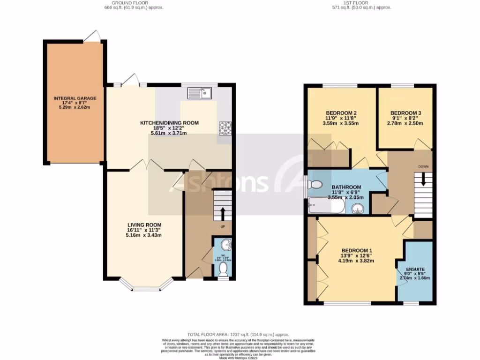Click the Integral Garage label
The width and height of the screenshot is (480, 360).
(x=75, y=98)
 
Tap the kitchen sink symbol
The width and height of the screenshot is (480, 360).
(x=200, y=93)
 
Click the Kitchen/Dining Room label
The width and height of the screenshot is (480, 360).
(x=170, y=123)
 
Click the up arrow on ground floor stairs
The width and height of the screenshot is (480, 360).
(x=223, y=214)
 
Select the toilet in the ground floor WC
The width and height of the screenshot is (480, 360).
(x=223, y=269)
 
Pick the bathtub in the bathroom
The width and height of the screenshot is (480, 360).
(x=326, y=206)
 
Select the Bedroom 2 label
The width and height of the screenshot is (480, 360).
(x=342, y=113)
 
